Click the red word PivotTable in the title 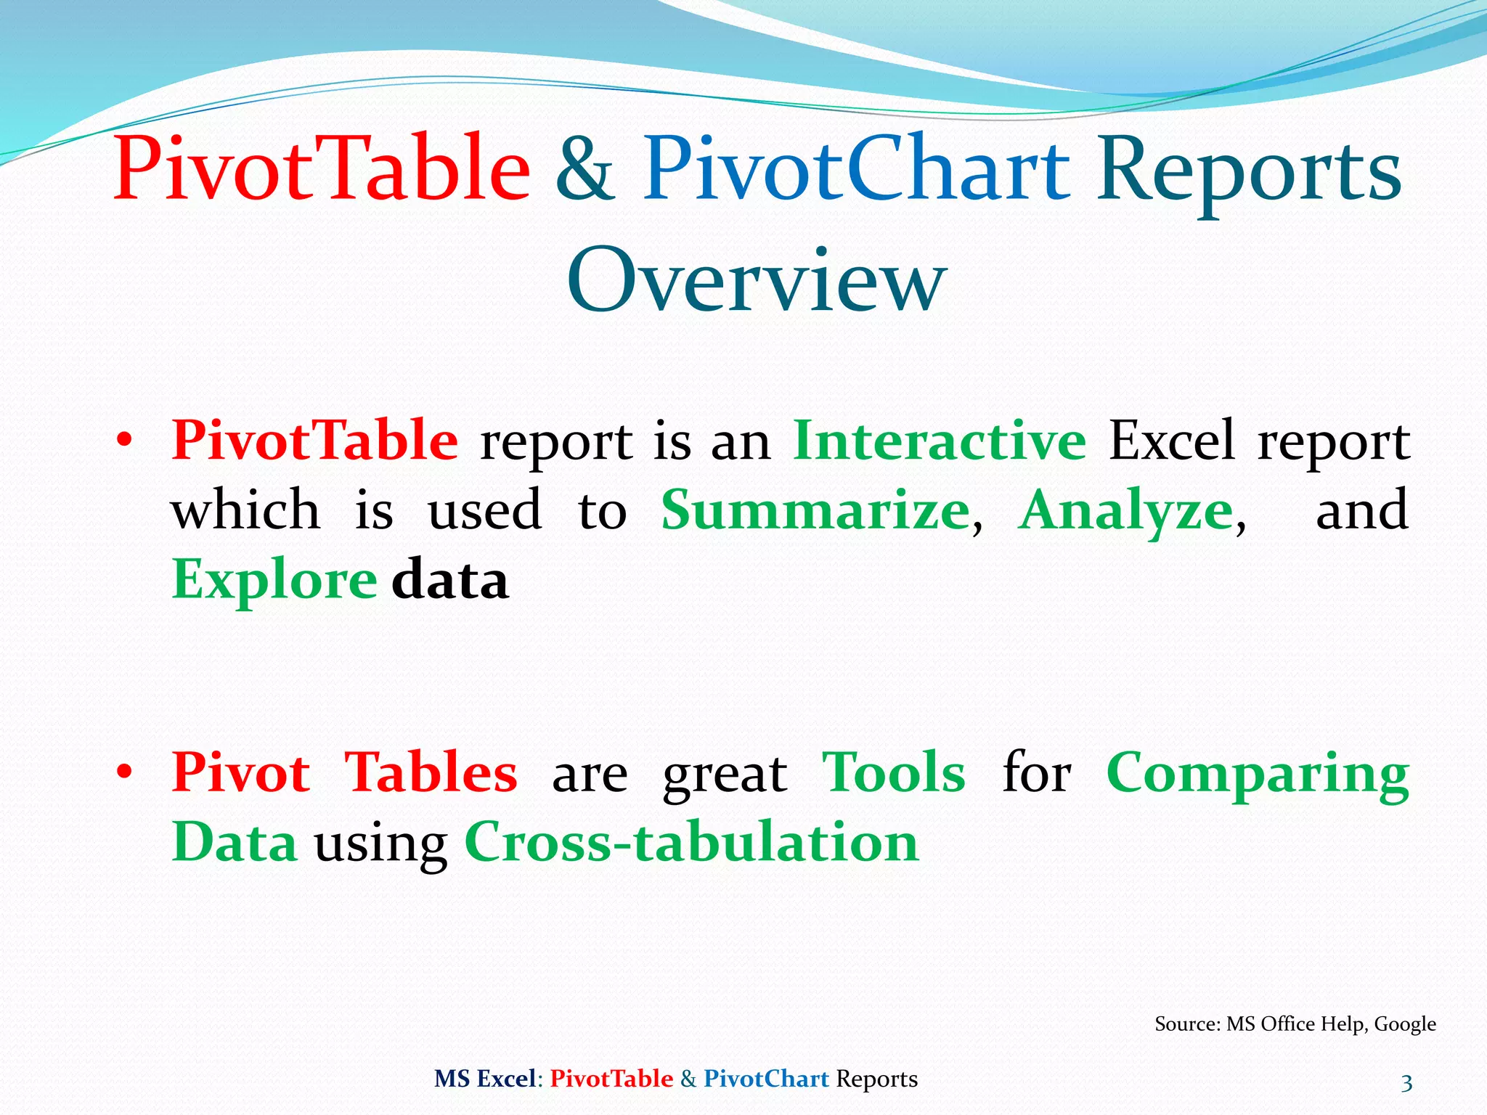pos(322,168)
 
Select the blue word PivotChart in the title pos(857,168)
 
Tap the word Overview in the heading pos(757,280)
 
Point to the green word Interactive pos(940,440)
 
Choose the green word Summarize pos(815,510)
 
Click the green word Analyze pos(1125,511)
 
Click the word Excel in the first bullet pos(1171,440)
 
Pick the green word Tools pos(893,772)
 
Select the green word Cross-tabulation pos(691,842)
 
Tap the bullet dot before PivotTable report pos(125,440)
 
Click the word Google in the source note pos(1405,1024)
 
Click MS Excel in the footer pos(485,1079)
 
